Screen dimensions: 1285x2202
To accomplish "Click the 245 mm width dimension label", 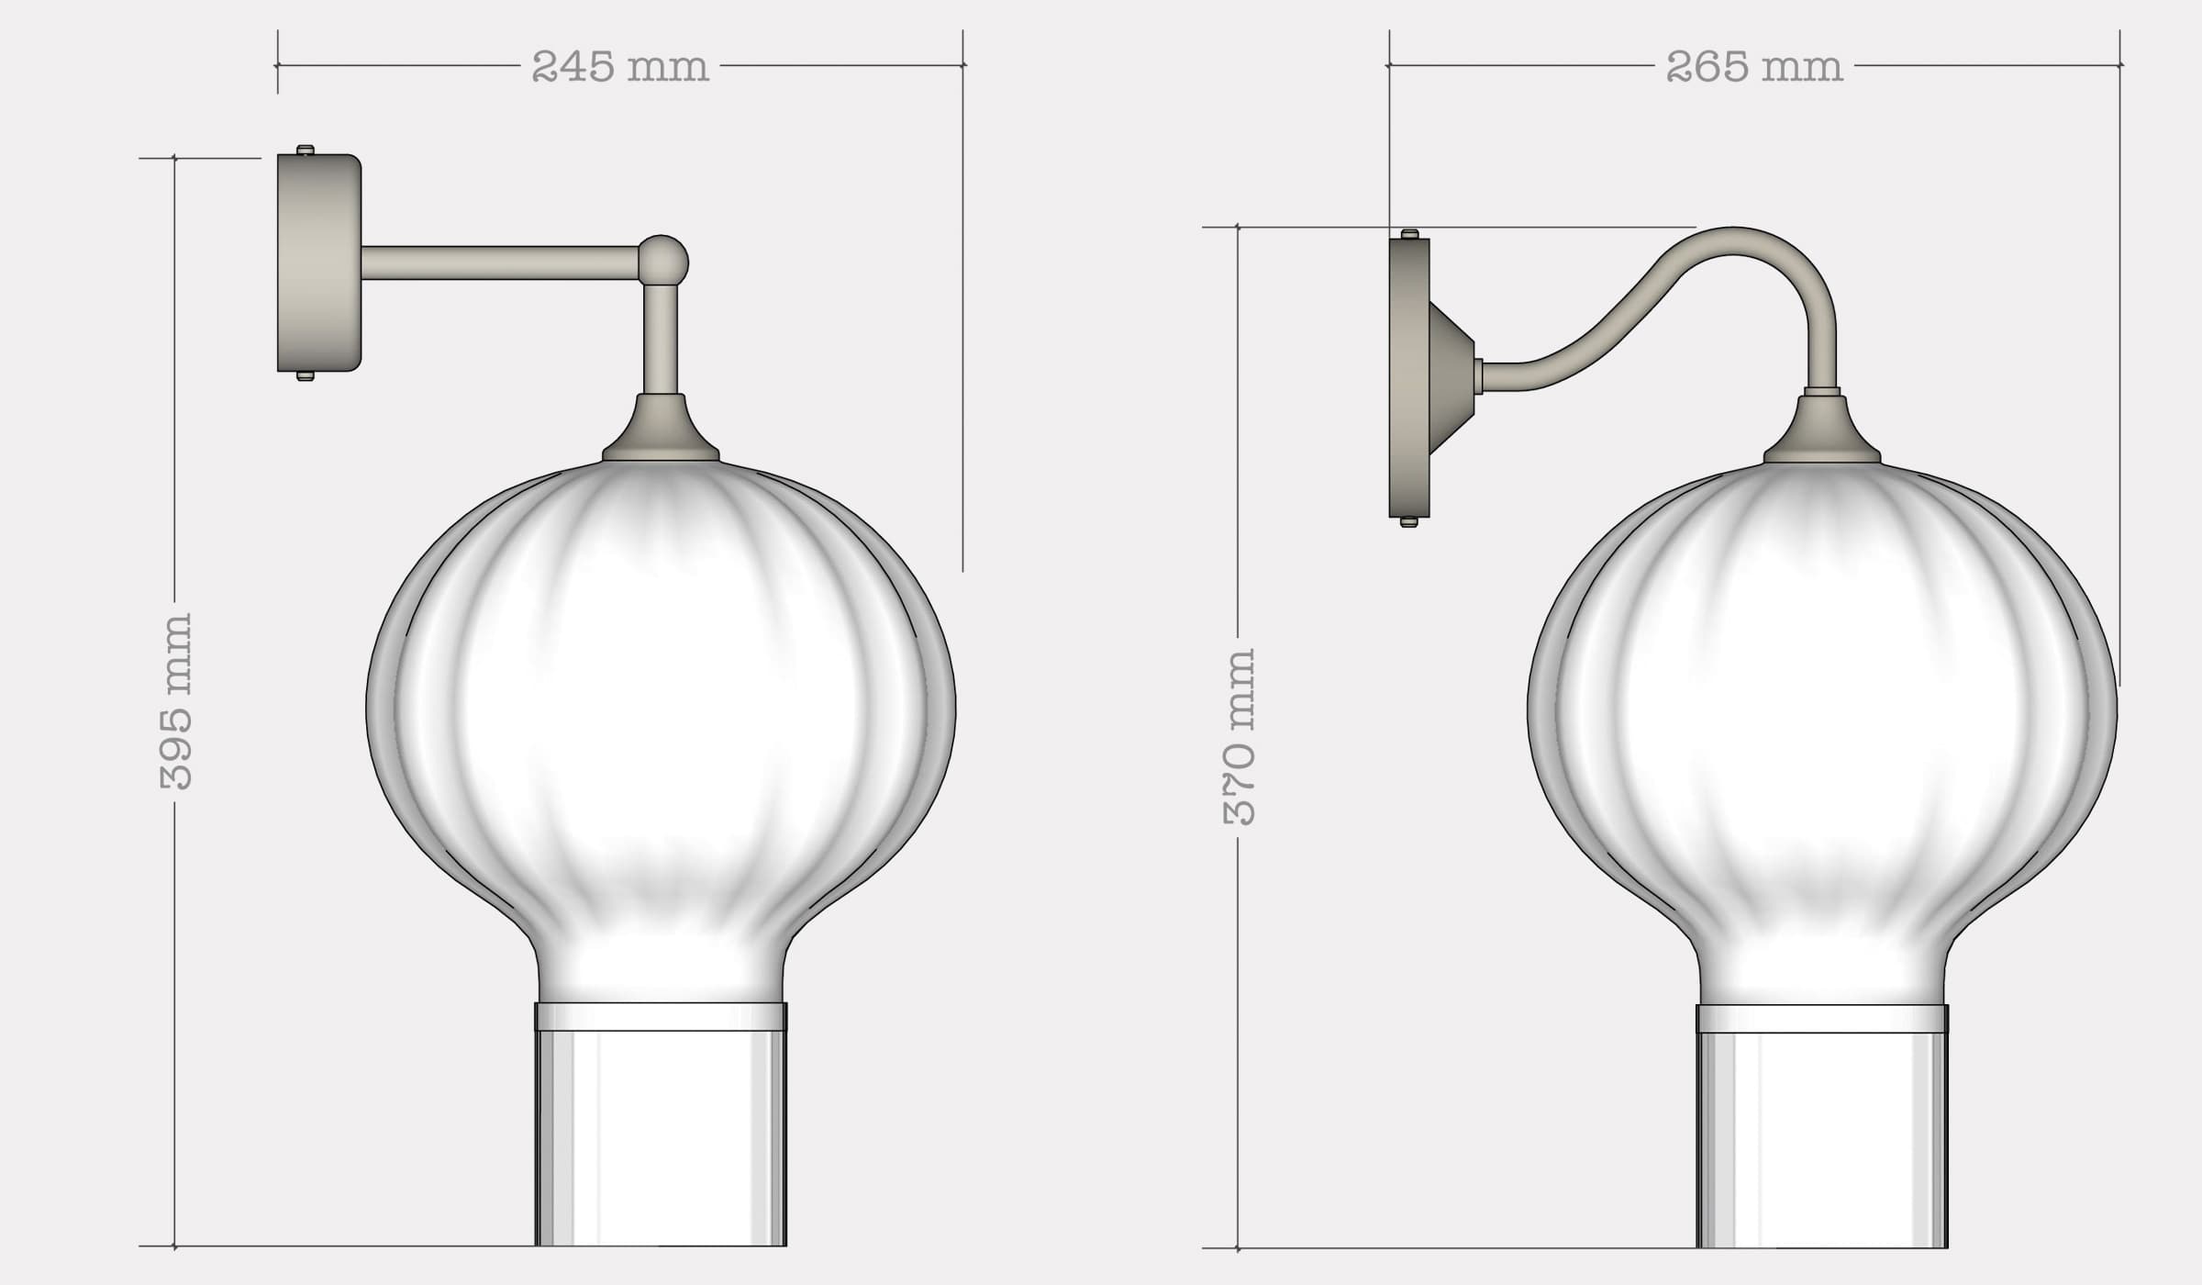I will coord(620,67).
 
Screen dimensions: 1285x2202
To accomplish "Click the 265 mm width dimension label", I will coord(1753,67).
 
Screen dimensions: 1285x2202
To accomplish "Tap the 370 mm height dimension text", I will coord(1240,737).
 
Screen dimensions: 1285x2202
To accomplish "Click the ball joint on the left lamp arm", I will coord(662,261).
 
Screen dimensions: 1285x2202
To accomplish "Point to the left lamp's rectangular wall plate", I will coord(317,263).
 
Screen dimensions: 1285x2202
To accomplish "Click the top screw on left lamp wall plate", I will coord(306,150).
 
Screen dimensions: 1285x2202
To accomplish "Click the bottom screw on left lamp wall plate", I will coord(306,375).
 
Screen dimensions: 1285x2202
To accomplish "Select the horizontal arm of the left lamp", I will coord(500,263).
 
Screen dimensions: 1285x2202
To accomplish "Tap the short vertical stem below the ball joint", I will coord(662,340).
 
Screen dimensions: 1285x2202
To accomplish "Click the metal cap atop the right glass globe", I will coord(1821,433).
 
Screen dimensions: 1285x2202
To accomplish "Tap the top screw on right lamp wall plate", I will coord(1409,234).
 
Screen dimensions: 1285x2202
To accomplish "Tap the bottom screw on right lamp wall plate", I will coord(1409,522).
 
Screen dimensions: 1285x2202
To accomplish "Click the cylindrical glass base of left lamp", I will coord(661,1138).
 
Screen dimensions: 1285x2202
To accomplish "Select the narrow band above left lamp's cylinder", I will coord(661,1016).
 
